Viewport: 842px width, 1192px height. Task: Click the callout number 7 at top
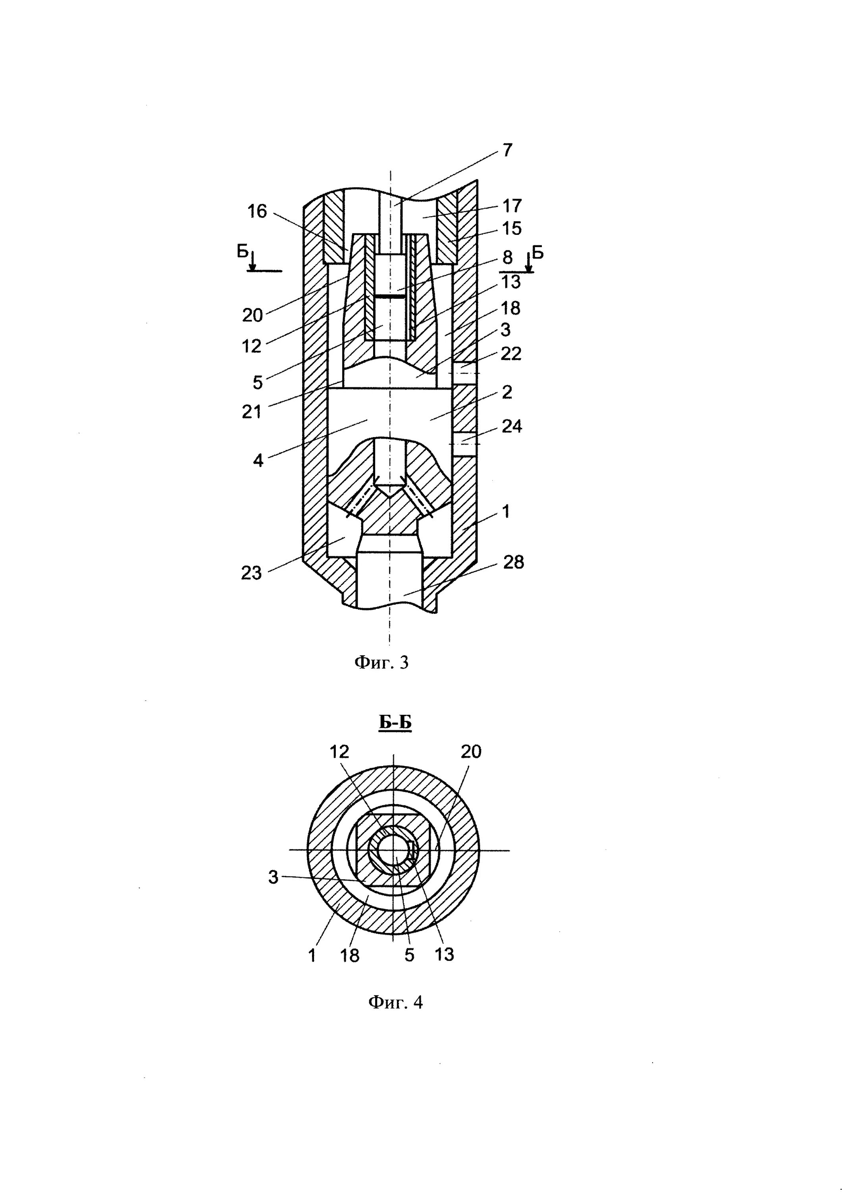click(507, 150)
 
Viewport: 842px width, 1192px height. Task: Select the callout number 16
click(257, 211)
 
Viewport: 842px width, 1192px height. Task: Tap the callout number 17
click(512, 206)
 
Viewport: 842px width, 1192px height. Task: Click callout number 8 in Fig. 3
click(507, 257)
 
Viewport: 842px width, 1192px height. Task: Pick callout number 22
click(511, 354)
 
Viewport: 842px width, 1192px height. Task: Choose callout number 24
click(511, 427)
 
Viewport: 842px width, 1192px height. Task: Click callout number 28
click(514, 562)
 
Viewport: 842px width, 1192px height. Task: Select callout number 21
click(252, 412)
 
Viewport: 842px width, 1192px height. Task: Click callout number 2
click(507, 392)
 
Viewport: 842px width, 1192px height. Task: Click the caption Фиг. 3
click(382, 662)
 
